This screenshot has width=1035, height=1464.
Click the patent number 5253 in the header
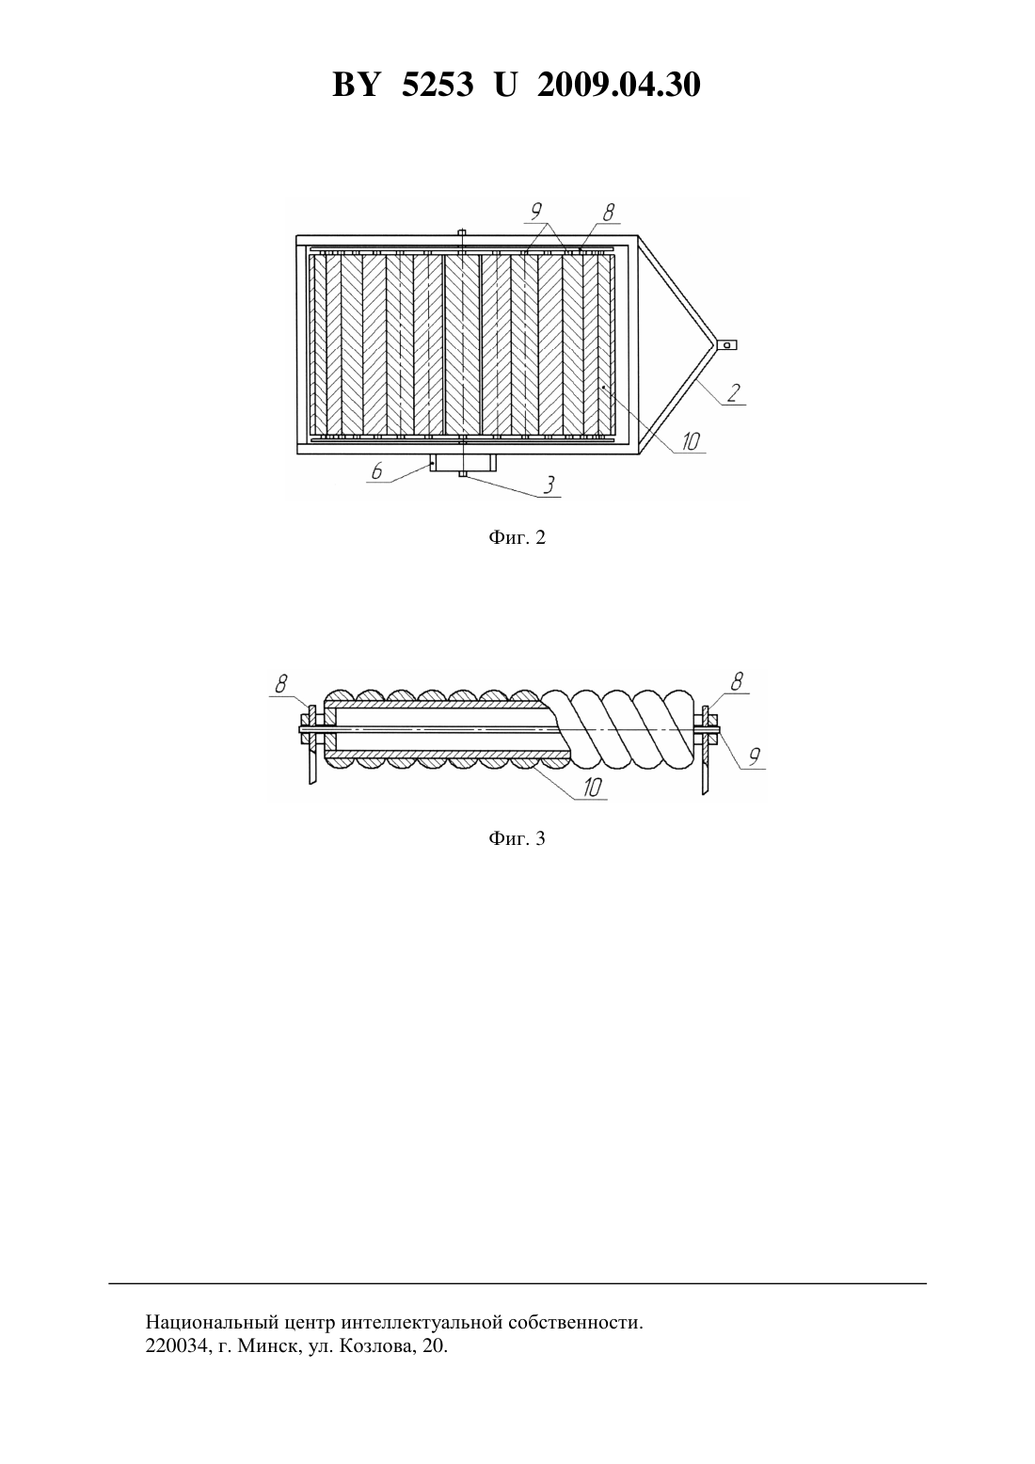(438, 86)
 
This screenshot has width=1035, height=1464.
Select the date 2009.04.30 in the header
(619, 86)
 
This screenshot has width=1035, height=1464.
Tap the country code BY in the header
(356, 86)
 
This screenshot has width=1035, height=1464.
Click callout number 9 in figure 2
(536, 211)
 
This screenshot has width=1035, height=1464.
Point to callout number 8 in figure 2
(609, 212)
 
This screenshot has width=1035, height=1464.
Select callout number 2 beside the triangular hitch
(733, 392)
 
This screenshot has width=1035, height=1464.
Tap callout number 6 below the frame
(376, 470)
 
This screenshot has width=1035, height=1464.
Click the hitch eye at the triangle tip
(726, 344)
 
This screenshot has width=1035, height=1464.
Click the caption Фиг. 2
(517, 537)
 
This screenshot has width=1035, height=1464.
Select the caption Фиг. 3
(517, 838)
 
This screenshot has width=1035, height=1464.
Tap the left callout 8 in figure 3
(281, 684)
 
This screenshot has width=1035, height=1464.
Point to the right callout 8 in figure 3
(737, 682)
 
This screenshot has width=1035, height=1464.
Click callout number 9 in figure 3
(754, 756)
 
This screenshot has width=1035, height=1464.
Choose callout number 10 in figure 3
(592, 788)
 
